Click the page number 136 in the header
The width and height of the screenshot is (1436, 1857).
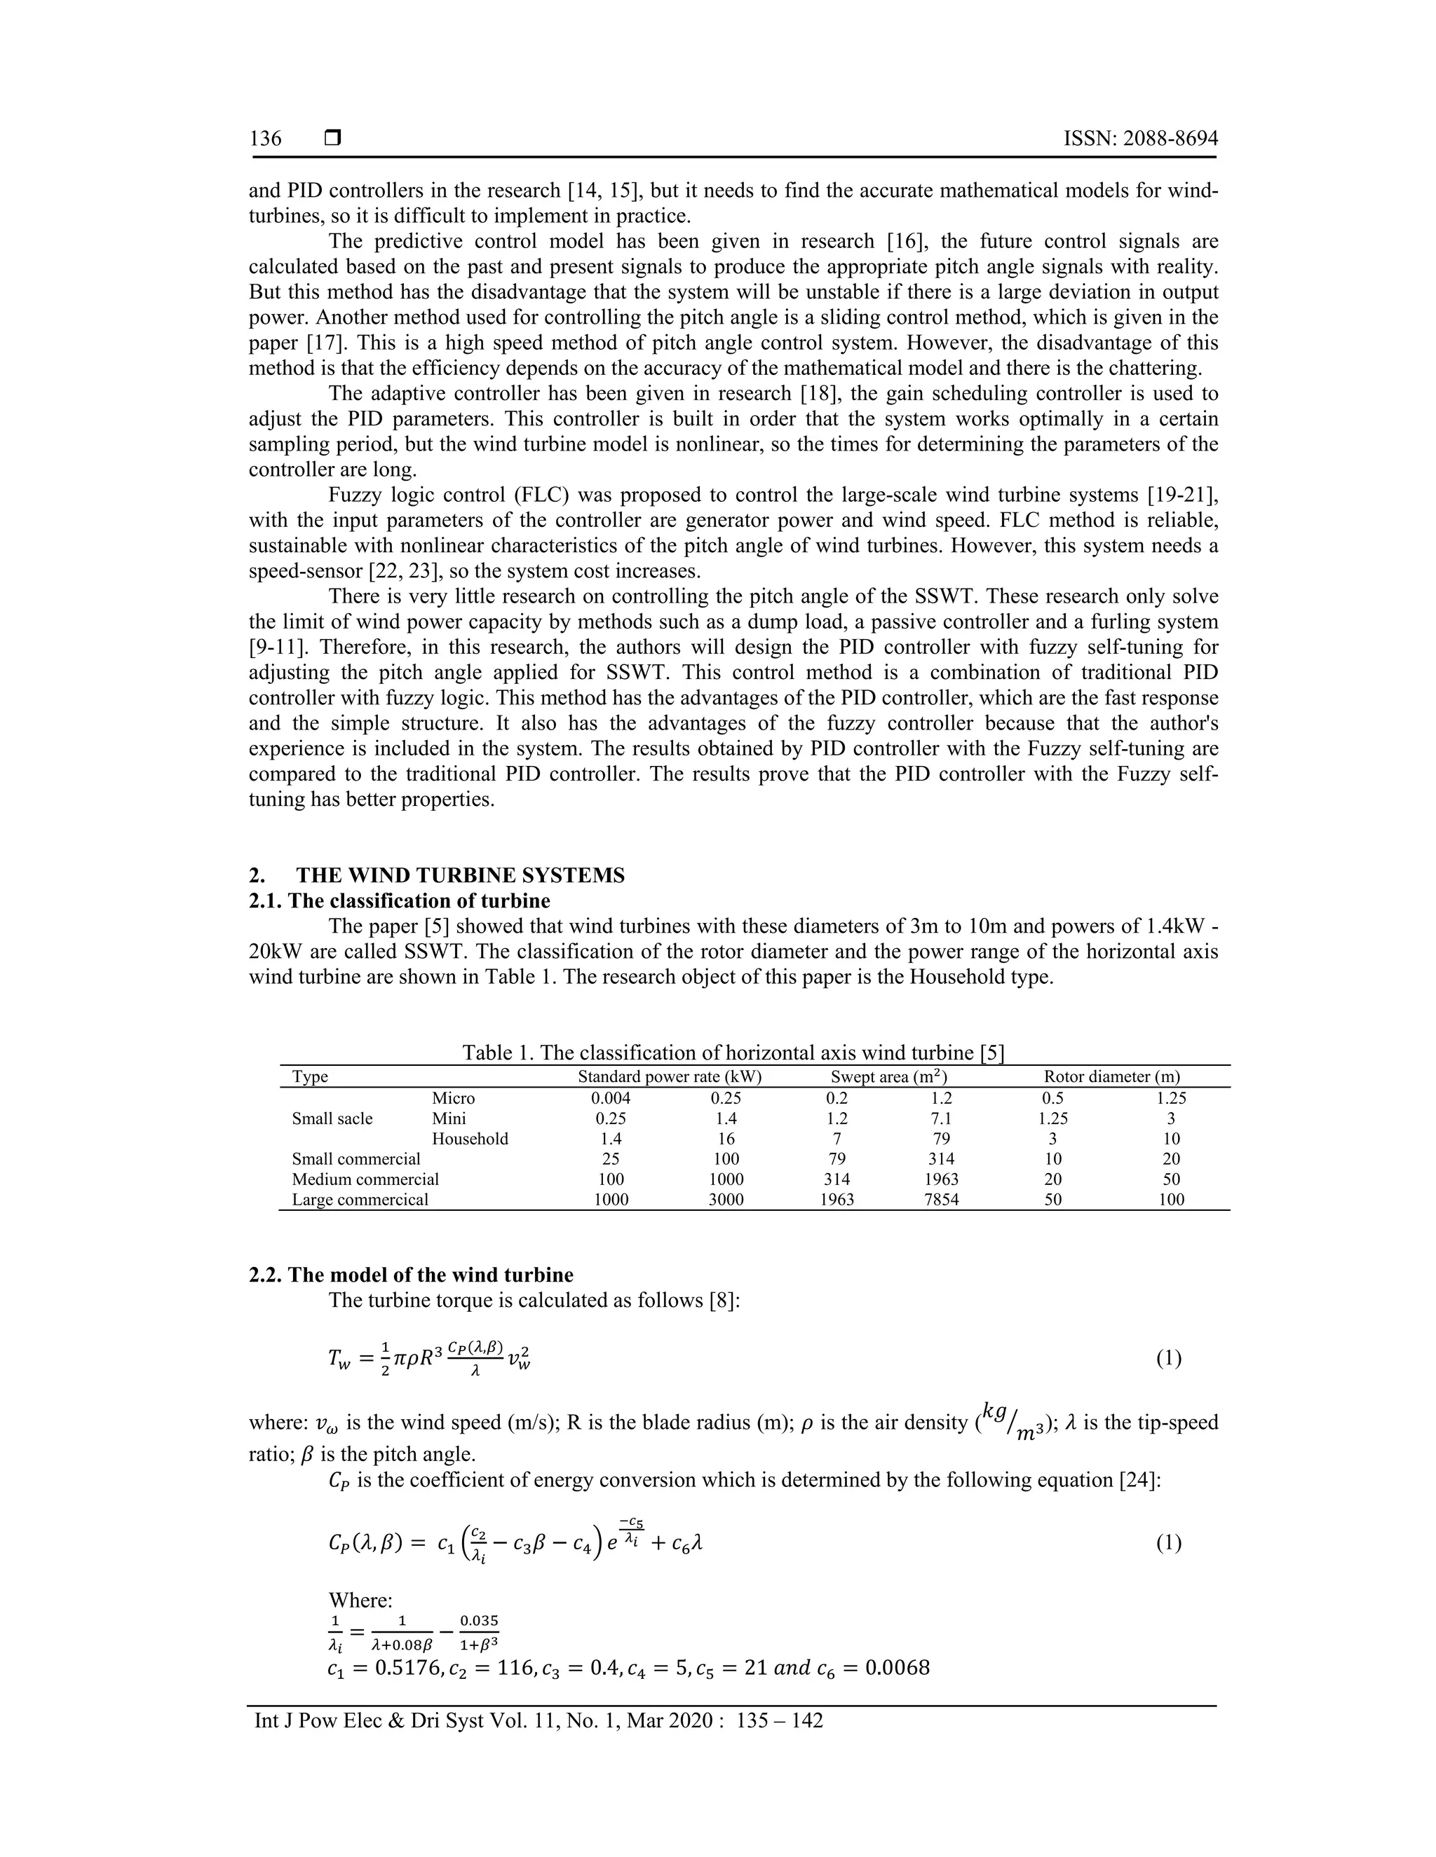pos(266,139)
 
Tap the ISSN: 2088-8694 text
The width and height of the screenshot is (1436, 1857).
pos(1140,139)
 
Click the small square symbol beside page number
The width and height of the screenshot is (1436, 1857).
pos(332,138)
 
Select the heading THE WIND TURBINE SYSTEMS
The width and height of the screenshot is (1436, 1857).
pos(459,876)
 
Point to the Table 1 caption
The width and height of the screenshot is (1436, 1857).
pos(733,1053)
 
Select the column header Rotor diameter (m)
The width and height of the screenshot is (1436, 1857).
pos(1112,1076)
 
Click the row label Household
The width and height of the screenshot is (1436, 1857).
pos(470,1139)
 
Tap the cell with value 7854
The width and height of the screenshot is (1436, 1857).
pos(941,1200)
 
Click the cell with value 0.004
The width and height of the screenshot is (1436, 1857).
pos(611,1097)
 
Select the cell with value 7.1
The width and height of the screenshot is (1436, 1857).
pos(941,1118)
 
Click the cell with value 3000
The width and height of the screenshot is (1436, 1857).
pos(726,1200)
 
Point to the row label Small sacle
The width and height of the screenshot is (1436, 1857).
pos(332,1118)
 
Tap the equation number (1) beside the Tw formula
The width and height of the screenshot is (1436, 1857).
pos(1168,1359)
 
